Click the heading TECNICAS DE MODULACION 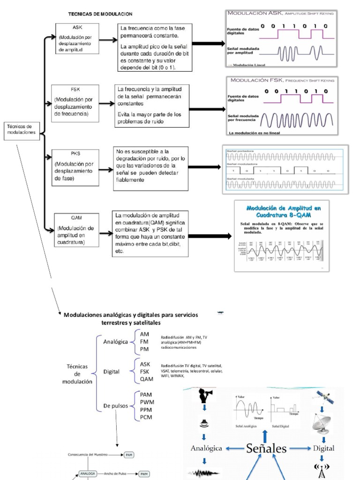tap(100, 15)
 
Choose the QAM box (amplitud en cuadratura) tap(76, 230)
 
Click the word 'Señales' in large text tap(266, 449)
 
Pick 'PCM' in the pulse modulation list tap(146, 417)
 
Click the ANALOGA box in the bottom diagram tap(88, 474)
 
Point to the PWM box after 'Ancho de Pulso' tap(144, 474)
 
